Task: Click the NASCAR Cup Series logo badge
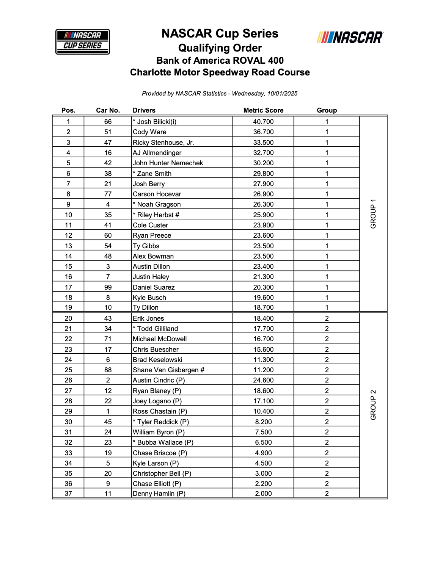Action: coord(83,41)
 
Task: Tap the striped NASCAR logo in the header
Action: coord(350,37)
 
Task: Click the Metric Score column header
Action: coord(263,110)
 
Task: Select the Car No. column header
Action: coord(108,110)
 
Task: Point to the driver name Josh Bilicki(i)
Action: coord(155,122)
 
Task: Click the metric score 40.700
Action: coord(263,122)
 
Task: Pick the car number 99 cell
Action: coord(108,287)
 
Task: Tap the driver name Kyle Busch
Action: coord(149,298)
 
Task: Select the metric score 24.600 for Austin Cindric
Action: coord(263,380)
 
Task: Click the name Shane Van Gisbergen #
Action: coord(168,370)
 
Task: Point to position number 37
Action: coord(68,494)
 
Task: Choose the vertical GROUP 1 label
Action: coord(373,213)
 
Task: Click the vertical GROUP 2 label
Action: coord(373,404)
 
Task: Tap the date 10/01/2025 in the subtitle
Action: coord(282,94)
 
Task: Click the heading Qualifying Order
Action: coord(220,48)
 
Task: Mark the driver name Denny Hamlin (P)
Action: coord(159,494)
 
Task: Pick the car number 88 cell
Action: coord(108,370)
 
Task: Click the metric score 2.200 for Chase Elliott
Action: coord(263,484)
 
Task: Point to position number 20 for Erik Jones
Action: coord(68,318)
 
